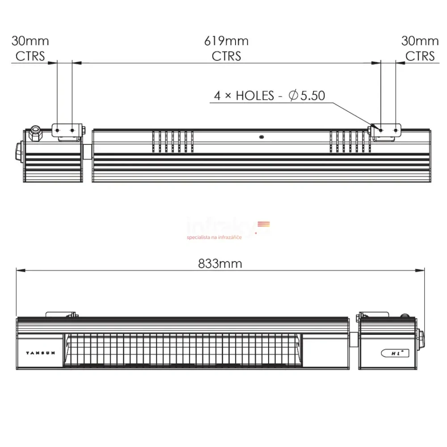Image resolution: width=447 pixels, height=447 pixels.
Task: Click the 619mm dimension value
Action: [226, 41]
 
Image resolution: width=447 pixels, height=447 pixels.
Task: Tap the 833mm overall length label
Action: [220, 264]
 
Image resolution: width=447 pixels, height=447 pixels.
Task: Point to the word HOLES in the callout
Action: [255, 96]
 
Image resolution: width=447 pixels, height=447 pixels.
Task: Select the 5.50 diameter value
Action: [312, 96]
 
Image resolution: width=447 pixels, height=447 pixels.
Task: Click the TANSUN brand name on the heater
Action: [41, 353]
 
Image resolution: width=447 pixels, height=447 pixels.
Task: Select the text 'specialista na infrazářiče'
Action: [214, 237]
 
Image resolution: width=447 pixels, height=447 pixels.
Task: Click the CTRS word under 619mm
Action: [226, 56]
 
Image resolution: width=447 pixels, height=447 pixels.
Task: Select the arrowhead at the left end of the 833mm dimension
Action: [19, 270]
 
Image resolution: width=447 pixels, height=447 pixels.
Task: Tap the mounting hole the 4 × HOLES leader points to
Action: [380, 131]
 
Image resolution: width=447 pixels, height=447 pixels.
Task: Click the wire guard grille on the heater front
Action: [179, 350]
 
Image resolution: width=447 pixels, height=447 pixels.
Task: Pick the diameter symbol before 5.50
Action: [294, 96]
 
